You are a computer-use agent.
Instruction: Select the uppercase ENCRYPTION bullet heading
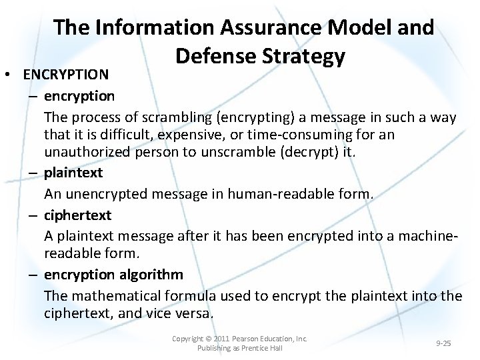(65, 74)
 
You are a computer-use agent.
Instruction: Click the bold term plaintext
(73, 173)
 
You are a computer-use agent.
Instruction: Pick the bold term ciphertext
(78, 215)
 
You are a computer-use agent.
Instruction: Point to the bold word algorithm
(151, 275)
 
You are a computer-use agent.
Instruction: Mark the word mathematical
(116, 295)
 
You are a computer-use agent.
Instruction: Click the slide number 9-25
(443, 343)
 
